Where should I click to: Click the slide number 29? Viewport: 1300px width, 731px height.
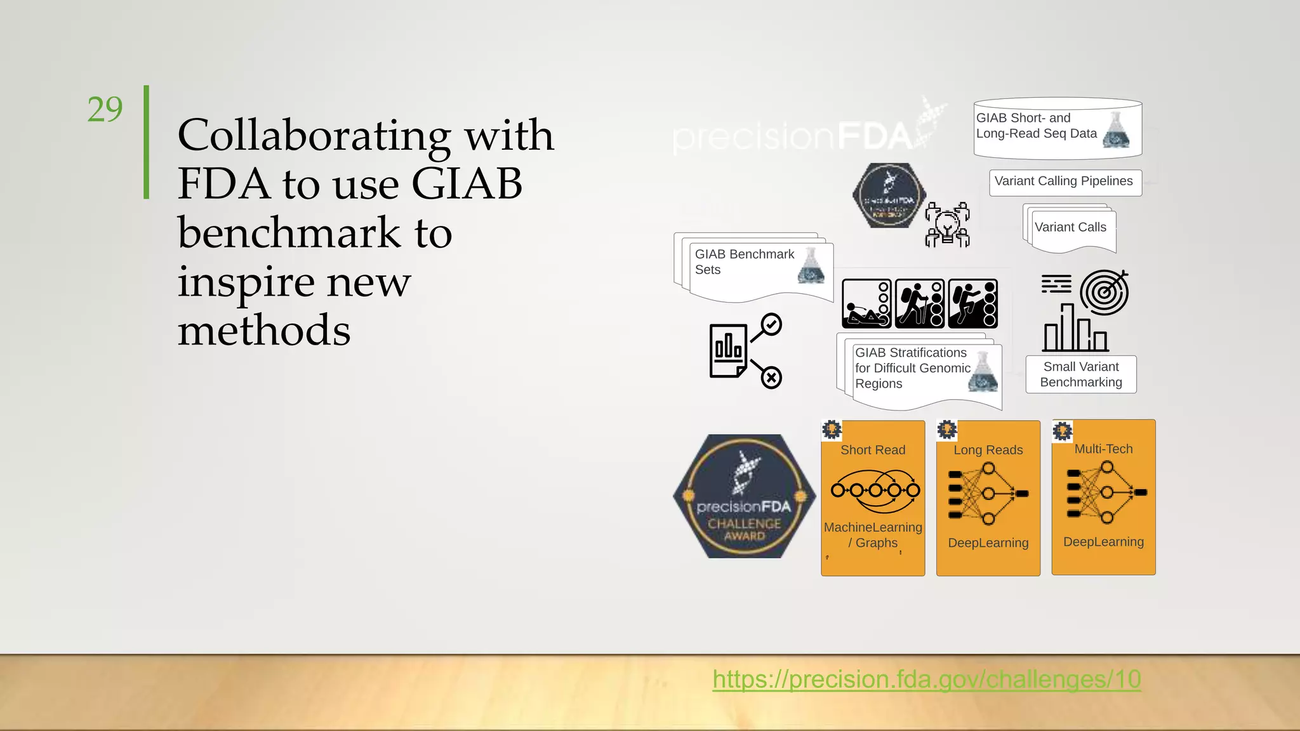(x=105, y=109)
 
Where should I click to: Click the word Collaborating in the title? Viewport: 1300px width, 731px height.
(x=314, y=135)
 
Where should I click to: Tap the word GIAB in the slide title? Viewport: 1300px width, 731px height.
(x=467, y=184)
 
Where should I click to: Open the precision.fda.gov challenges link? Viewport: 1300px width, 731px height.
(x=926, y=680)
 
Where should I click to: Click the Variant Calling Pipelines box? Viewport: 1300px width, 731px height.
(x=1065, y=182)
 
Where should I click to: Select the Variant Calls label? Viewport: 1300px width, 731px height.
(x=1070, y=228)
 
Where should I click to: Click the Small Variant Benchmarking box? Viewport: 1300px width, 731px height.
(x=1080, y=374)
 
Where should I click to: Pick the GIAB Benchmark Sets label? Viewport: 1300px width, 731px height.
(x=744, y=261)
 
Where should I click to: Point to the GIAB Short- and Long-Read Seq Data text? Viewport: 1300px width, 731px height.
(x=1036, y=126)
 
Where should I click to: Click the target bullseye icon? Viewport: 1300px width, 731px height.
(x=1104, y=292)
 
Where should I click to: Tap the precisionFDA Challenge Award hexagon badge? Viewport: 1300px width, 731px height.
(x=744, y=496)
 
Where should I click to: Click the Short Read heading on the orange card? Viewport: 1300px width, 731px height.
(x=872, y=450)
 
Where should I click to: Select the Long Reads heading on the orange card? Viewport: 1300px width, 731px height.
(x=988, y=450)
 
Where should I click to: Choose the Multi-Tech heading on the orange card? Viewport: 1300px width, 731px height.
(x=1103, y=449)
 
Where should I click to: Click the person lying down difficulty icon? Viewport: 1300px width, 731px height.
(x=866, y=303)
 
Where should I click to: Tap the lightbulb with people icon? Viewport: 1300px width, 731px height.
(x=947, y=225)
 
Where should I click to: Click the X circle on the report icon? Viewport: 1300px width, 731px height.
(x=771, y=378)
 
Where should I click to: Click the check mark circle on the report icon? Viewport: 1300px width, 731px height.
(x=771, y=325)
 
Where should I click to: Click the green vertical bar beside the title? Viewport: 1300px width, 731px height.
(x=147, y=142)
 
